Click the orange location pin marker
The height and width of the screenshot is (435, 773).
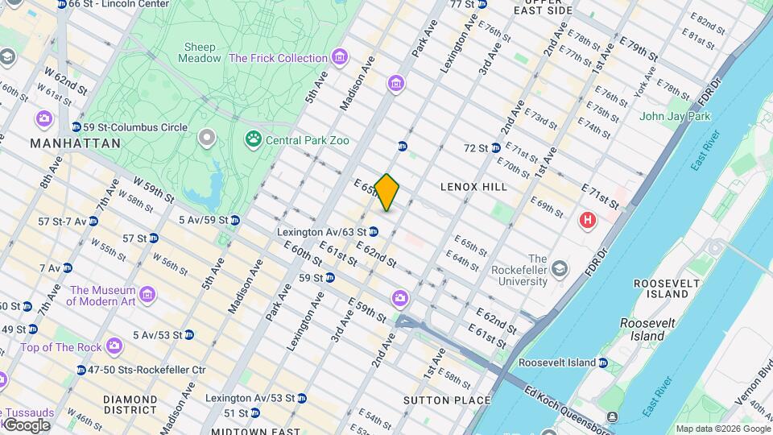tap(387, 193)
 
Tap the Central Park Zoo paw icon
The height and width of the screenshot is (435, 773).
tap(254, 140)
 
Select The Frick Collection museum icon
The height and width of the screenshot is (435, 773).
tap(340, 58)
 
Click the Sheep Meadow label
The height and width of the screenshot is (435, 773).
tap(200, 52)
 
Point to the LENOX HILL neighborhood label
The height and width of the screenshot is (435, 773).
tap(473, 187)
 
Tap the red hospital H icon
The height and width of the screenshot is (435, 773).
tap(589, 219)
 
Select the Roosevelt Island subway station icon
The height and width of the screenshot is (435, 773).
tap(602, 362)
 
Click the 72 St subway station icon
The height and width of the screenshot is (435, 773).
tap(497, 148)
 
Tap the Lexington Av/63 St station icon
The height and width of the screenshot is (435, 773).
tap(374, 232)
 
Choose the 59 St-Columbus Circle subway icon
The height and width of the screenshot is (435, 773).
tap(76, 127)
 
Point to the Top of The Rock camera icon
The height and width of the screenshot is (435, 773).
tap(114, 347)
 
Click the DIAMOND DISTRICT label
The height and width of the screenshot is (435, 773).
tap(130, 405)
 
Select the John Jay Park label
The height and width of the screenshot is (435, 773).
tap(675, 116)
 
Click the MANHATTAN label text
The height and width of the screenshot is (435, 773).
tap(75, 143)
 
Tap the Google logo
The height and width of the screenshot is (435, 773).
tap(26, 425)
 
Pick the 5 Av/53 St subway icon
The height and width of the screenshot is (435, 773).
tap(188, 335)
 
